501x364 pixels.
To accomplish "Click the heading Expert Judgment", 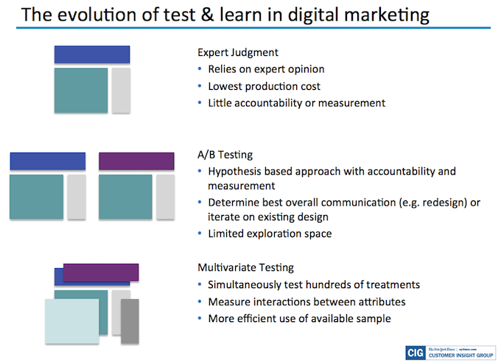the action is point(238,53).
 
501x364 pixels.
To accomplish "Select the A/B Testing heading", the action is point(225,155).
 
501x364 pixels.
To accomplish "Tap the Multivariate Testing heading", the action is point(245,267).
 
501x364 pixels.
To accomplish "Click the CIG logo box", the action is point(416,353).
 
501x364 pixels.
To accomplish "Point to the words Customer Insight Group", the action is point(460,355).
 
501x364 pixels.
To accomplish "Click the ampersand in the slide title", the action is point(207,15).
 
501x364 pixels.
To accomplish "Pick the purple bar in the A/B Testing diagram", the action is point(136,161).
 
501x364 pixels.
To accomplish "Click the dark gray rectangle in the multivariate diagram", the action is point(130,321).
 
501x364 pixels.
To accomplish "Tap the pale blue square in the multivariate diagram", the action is point(72,321).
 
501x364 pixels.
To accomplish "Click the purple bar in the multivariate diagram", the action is point(101,273).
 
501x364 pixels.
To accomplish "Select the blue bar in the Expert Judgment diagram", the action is point(92,55).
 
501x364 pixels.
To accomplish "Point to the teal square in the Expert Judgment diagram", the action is point(81,90).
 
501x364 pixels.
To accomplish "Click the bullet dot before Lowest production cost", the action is point(200,86).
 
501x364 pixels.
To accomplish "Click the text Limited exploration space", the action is point(270,234).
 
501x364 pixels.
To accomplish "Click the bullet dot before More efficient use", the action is point(200,318).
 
